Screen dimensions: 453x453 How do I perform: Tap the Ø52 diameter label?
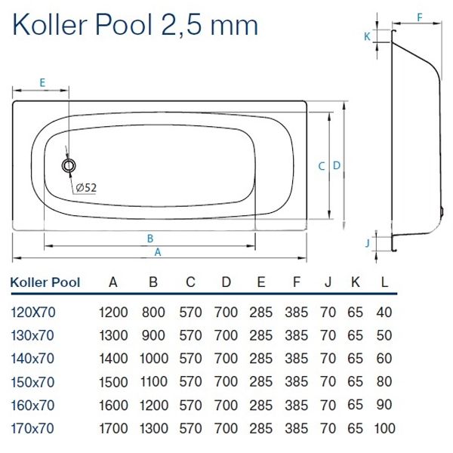(85, 188)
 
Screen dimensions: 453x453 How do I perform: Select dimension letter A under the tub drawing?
(157, 252)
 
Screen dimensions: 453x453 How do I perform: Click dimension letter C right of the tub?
(321, 166)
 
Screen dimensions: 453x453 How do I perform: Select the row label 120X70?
(32, 311)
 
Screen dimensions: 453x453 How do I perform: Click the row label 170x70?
(32, 430)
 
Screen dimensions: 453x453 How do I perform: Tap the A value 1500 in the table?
(113, 382)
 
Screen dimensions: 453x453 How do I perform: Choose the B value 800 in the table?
(153, 311)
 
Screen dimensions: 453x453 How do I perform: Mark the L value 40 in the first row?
(384, 311)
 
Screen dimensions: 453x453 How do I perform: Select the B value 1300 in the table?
(153, 430)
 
